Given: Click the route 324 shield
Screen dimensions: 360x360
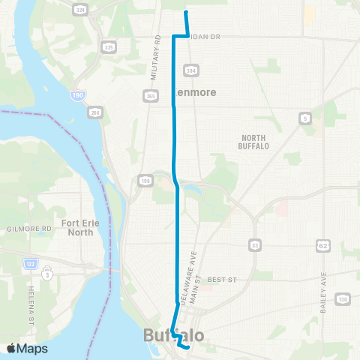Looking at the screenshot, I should [79, 10].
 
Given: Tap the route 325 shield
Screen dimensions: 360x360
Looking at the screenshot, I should [109, 47].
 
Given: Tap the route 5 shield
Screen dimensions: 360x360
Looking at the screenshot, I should [305, 118].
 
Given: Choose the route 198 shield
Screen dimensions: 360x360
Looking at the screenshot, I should [144, 180].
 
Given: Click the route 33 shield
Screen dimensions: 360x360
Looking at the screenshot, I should [256, 244].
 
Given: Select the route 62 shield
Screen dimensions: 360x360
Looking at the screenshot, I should [323, 244].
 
